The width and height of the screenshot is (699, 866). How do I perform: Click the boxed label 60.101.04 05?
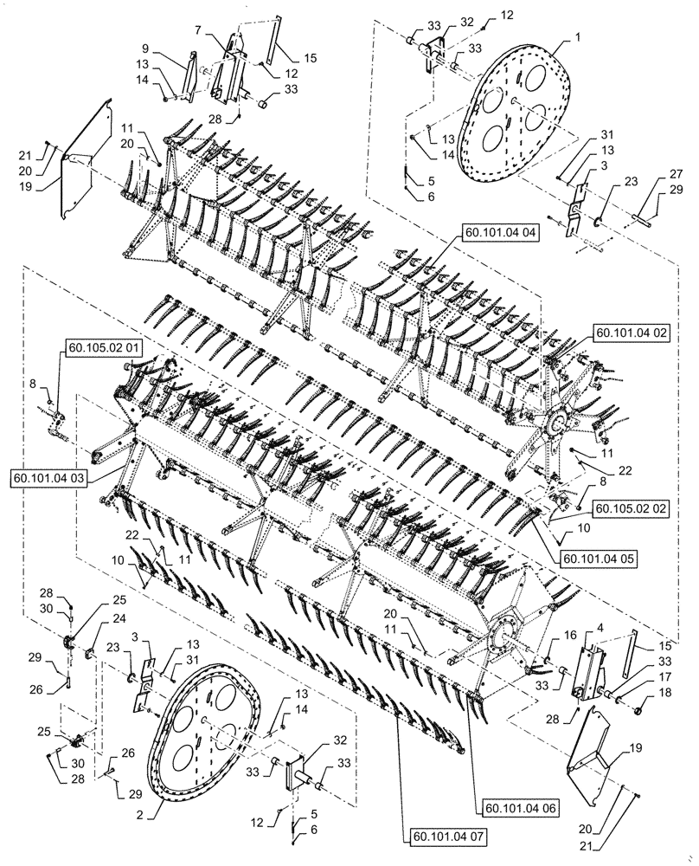click(x=599, y=559)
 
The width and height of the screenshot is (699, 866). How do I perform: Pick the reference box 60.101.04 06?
click(x=523, y=809)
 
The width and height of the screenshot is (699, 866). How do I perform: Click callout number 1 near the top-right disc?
click(x=577, y=39)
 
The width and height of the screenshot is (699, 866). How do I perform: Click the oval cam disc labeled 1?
click(x=518, y=121)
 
